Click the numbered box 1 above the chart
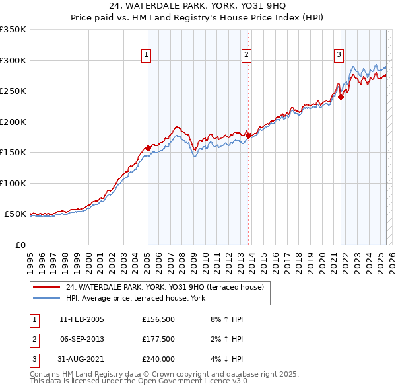pos(145,55)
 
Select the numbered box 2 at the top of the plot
pos(246,55)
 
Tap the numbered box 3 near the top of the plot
pos(339,55)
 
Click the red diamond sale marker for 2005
pos(148,148)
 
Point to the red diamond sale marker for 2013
pos(247,136)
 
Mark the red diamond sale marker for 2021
pos(341,97)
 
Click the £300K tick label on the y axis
pos(13,60)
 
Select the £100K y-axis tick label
pos(13,183)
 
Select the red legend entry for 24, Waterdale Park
pos(165,287)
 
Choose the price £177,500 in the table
pos(158,339)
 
